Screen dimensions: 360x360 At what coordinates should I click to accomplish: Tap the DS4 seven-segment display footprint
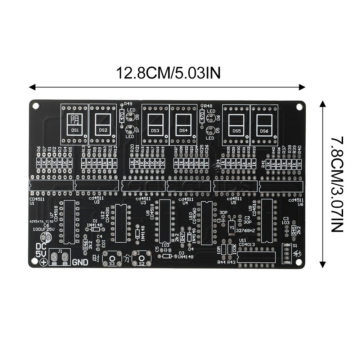click(183, 124)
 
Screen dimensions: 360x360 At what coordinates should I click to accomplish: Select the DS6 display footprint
click(264, 124)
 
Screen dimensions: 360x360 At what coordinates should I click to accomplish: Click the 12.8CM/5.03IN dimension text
click(168, 73)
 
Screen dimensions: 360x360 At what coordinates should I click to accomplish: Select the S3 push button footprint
click(112, 258)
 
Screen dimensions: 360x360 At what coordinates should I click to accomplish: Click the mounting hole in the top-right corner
click(299, 107)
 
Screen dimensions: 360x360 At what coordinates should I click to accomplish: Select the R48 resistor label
click(208, 106)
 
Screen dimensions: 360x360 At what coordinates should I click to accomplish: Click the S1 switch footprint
click(287, 253)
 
